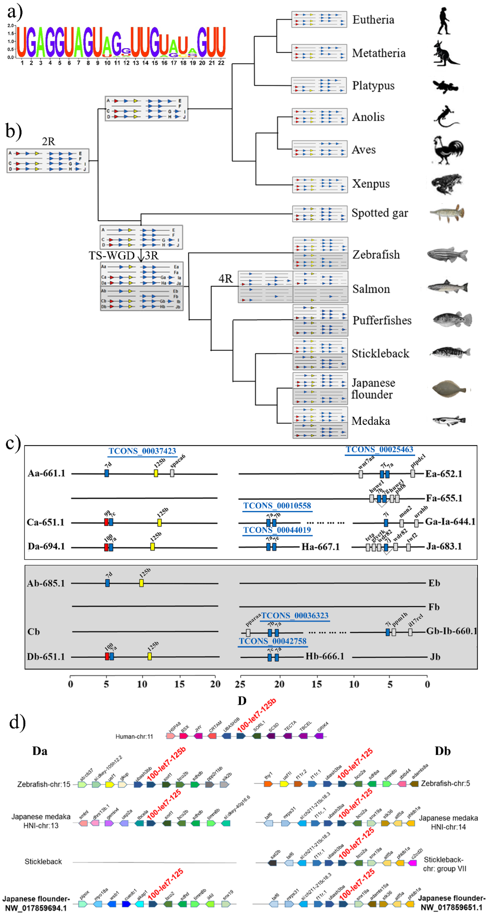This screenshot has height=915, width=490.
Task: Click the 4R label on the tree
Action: [x=225, y=279]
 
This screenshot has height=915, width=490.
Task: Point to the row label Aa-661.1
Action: [x=46, y=473]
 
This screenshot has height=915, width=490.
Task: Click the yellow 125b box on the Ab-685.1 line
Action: [x=141, y=583]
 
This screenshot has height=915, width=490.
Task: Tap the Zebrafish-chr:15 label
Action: [x=44, y=784]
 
